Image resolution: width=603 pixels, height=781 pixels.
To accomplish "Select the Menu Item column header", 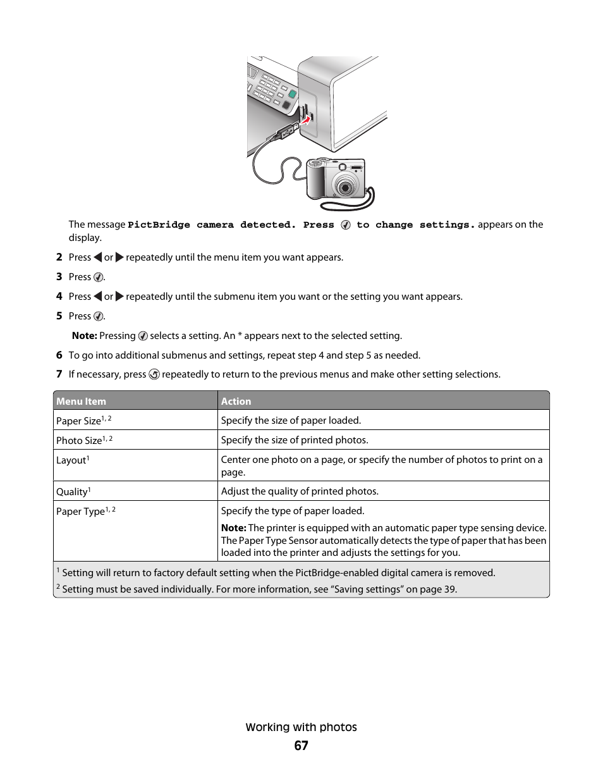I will click(x=81, y=401).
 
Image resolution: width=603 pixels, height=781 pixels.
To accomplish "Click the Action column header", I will click(x=236, y=401).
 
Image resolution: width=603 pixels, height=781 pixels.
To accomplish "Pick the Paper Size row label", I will click(x=78, y=421).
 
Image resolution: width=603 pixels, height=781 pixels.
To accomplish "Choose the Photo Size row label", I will click(x=79, y=440).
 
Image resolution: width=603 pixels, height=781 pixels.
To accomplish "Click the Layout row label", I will click(x=71, y=460).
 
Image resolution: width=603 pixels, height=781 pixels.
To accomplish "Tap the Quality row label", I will click(x=72, y=491).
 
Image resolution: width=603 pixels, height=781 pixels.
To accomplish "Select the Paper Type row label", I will click(x=80, y=511).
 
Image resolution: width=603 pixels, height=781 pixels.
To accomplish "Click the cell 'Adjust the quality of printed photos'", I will click(x=300, y=491).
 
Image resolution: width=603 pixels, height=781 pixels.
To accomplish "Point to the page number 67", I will click(x=301, y=746).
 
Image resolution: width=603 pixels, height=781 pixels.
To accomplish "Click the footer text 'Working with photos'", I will click(x=301, y=727).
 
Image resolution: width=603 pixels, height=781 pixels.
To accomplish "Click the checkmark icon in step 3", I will click(x=98, y=277).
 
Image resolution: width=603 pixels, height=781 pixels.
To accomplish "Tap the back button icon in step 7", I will click(x=154, y=374).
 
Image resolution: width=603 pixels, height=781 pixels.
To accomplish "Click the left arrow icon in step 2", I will click(x=97, y=257).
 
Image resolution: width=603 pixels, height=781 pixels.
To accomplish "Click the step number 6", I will click(x=59, y=355).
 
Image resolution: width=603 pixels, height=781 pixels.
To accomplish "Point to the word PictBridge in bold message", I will click(x=159, y=224).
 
